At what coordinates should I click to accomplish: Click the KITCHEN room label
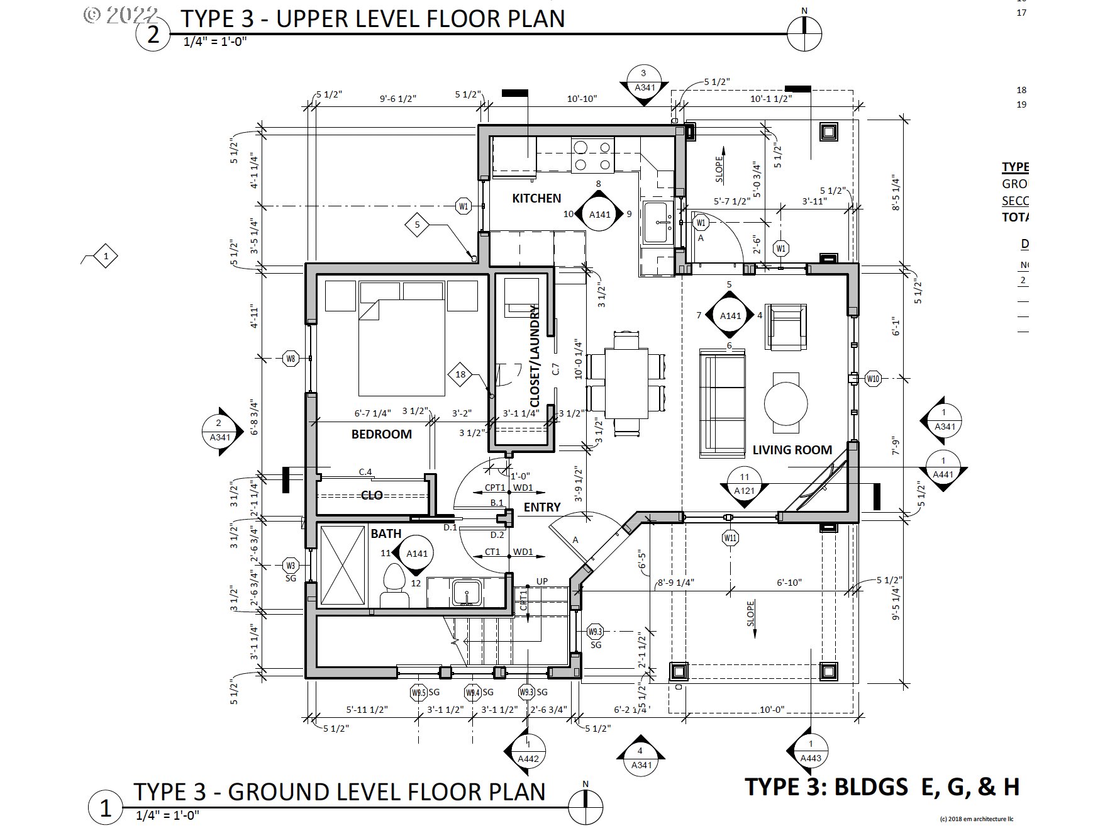(x=536, y=198)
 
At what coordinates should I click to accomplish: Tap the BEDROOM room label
(x=381, y=434)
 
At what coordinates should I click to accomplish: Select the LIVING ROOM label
(x=792, y=450)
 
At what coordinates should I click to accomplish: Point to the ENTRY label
(x=541, y=507)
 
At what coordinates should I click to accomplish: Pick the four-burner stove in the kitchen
(x=592, y=155)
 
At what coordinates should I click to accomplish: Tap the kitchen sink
(x=658, y=222)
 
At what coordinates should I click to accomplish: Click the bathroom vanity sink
(x=467, y=592)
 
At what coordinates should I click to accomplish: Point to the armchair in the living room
(x=785, y=327)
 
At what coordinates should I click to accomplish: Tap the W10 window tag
(x=873, y=379)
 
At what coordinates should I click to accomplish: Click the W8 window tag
(x=291, y=359)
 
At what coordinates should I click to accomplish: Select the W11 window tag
(x=730, y=538)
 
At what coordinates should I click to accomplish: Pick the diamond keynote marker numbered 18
(x=460, y=374)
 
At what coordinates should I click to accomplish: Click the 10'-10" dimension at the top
(x=582, y=99)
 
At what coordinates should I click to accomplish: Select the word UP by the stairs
(x=541, y=581)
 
